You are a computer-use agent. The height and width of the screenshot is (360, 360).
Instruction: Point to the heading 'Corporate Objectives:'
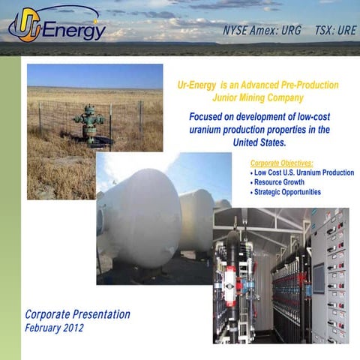point(280,163)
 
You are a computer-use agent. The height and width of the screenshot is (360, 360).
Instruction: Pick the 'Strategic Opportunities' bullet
point(287,192)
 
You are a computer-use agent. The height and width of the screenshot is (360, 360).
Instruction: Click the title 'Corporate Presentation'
point(77,314)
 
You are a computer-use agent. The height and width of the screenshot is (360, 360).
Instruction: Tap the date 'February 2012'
point(55,328)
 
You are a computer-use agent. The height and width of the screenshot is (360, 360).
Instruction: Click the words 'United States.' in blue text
point(259,142)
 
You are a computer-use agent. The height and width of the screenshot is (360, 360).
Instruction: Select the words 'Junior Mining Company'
point(259,97)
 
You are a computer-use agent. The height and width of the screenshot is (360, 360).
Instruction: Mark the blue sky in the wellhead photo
point(94,75)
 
